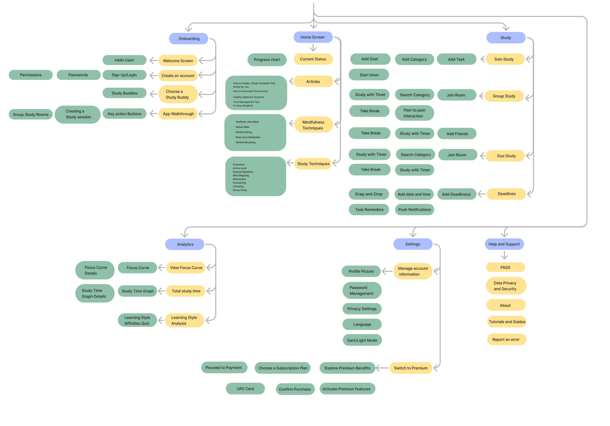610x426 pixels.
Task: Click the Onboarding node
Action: point(188,39)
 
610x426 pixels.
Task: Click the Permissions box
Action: point(31,75)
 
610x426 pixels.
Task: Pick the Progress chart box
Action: point(267,60)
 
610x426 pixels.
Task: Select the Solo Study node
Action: point(505,59)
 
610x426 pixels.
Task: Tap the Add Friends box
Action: point(457,134)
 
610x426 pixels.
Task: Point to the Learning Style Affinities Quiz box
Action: point(137,320)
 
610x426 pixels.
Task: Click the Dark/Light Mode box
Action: point(362,340)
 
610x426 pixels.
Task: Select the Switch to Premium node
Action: point(411,368)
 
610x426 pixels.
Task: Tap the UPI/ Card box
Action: point(245,389)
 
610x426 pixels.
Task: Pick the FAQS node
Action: point(505,267)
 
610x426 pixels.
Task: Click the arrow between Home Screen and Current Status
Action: point(313,47)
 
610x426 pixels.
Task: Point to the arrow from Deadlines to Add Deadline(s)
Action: point(481,194)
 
